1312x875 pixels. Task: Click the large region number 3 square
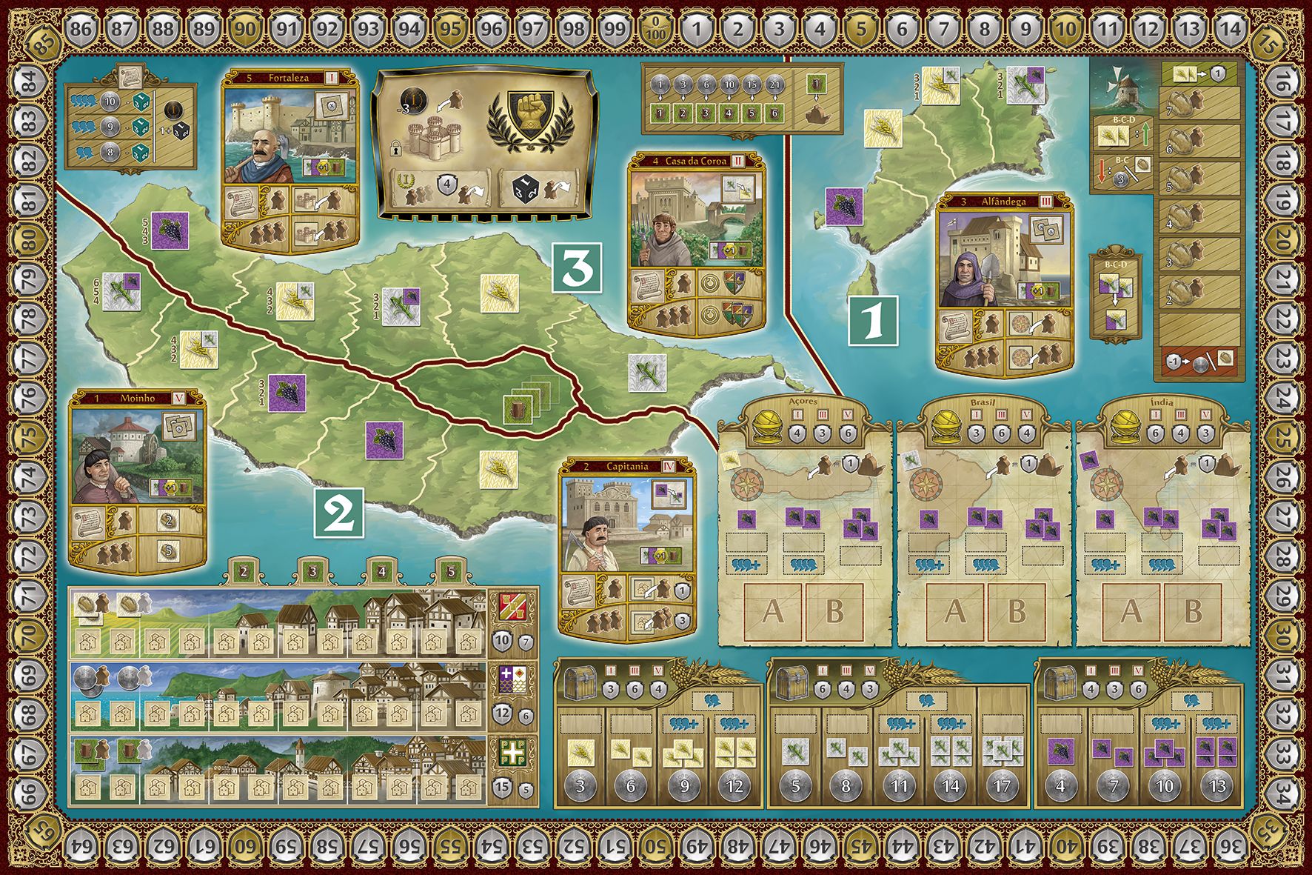[x=578, y=268]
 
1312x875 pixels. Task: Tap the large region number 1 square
[x=873, y=321]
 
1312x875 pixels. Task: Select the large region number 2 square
[x=339, y=513]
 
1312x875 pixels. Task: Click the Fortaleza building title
[x=288, y=77]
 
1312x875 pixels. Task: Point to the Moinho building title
[x=138, y=399]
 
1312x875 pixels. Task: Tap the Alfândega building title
[x=1003, y=201]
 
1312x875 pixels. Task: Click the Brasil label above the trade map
[x=983, y=402]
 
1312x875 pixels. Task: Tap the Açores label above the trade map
[x=803, y=402]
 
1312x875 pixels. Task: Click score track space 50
[x=655, y=845]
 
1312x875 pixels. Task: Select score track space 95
[x=449, y=30]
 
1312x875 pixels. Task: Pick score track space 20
[x=1282, y=239]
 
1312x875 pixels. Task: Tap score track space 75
[x=29, y=437]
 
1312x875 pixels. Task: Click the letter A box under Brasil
[x=954, y=612]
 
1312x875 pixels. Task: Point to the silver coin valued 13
[x=1217, y=786]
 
